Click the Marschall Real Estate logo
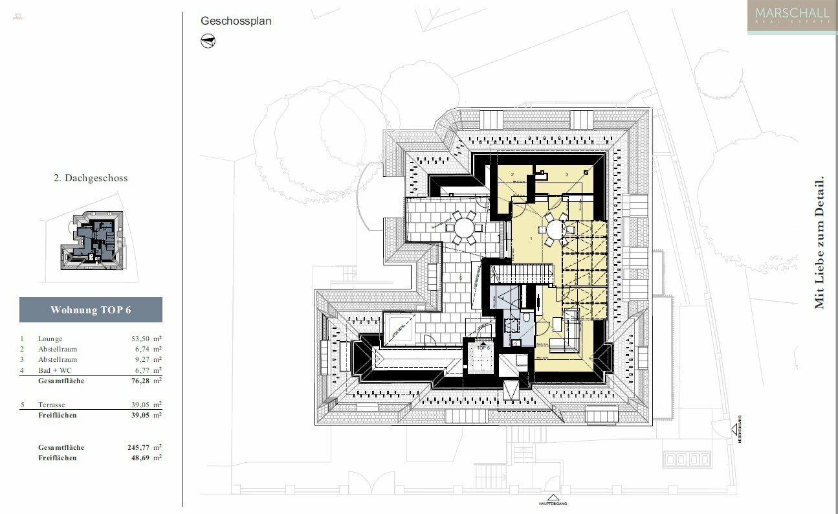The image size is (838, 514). point(791,16)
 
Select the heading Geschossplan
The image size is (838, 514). point(236,21)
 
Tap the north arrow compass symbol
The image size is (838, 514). point(208,41)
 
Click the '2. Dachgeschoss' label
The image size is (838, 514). point(90,178)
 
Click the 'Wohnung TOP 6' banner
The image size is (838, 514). point(91,310)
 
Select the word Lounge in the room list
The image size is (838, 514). point(50,339)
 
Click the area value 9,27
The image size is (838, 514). point(144,359)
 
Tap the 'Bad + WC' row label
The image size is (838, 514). point(54,370)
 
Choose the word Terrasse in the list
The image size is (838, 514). point(52,405)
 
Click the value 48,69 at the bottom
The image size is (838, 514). point(142,458)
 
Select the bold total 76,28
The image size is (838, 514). point(142,381)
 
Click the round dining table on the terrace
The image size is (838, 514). point(464,228)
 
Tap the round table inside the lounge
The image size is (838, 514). point(555,229)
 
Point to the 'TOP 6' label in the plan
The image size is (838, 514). point(484,348)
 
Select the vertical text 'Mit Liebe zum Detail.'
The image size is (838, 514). point(819,243)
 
